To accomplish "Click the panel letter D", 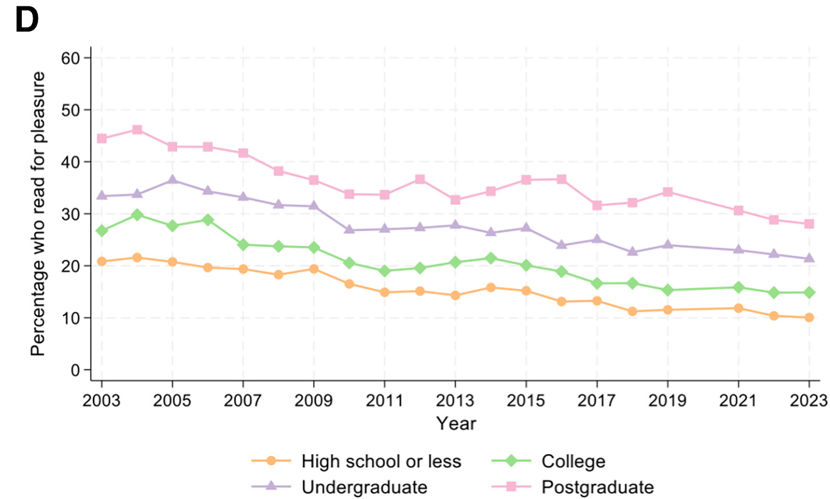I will click(x=26, y=21).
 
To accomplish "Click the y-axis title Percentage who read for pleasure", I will click(x=38, y=213).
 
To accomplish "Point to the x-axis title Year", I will click(x=456, y=423).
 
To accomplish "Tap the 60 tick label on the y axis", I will click(x=71, y=58).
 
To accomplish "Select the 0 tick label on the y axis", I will click(x=75, y=370).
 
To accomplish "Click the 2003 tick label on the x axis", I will click(x=102, y=400).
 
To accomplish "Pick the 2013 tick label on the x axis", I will click(x=455, y=400).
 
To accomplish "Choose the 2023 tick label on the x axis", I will click(x=809, y=400).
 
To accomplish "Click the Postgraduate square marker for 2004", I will click(x=137, y=130).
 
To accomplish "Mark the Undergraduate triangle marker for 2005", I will click(x=172, y=180).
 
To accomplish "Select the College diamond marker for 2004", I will click(x=137, y=215).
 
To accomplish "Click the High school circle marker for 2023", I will click(x=809, y=317).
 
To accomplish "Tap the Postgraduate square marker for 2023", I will click(x=809, y=224).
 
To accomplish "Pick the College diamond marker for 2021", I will click(x=738, y=287).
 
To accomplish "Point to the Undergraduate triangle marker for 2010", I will click(x=349, y=229).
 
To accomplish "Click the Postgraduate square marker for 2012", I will click(x=420, y=180).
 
